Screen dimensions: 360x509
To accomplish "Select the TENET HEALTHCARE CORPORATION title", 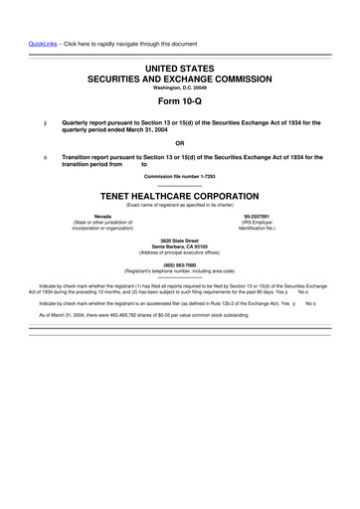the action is click(179, 196).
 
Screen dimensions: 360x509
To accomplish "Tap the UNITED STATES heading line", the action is click(179, 65).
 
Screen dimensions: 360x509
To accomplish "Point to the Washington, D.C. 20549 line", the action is click(179, 86).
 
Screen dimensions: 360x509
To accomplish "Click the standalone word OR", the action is click(179, 142).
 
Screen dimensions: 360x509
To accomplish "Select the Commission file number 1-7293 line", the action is click(179, 177).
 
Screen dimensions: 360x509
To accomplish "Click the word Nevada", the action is click(102, 215).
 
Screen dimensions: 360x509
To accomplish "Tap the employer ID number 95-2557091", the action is click(257, 215).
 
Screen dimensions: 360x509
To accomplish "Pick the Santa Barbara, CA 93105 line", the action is click(179, 246).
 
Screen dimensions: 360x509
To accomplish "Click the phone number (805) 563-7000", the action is click(179, 263).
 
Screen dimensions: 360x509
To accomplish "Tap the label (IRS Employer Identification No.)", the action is click(257, 225).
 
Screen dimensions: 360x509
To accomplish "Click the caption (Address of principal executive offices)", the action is click(179, 252).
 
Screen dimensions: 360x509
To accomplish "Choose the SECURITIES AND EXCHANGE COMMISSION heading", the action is click(179, 77).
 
